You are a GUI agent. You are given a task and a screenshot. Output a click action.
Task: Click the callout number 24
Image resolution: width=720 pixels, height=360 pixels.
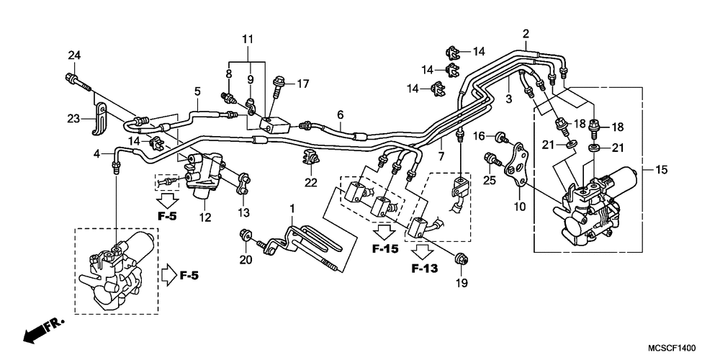click(74, 55)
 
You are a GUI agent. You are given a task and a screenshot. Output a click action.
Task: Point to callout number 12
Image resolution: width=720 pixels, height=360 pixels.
click(205, 217)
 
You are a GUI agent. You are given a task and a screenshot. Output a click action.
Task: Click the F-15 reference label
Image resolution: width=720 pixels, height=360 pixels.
click(385, 248)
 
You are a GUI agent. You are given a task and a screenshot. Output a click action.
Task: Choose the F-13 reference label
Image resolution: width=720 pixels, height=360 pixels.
click(424, 268)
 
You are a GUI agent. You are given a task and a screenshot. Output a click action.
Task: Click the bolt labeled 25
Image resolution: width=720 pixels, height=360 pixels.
click(492, 159)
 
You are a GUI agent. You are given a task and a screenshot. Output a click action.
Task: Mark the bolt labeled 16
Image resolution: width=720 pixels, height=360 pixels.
click(501, 136)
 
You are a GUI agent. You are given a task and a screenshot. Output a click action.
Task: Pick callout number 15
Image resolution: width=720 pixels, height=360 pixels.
click(661, 171)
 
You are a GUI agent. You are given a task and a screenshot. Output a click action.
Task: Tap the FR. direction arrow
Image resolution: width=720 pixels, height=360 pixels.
click(43, 330)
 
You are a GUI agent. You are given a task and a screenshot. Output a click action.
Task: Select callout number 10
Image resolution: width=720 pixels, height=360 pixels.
click(519, 207)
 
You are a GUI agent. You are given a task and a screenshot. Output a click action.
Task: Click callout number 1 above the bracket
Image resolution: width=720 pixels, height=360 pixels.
click(291, 209)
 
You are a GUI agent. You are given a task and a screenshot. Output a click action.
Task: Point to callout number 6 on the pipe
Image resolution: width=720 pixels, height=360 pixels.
click(341, 114)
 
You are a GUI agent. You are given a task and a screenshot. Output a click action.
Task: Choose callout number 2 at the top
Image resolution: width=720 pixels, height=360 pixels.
click(526, 34)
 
